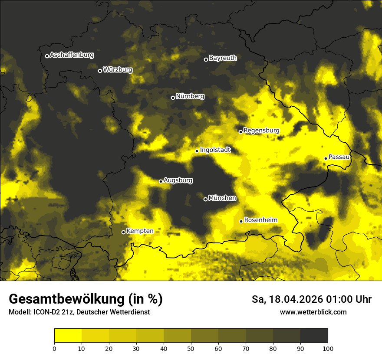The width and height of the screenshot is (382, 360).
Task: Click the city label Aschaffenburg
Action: pos(72,55)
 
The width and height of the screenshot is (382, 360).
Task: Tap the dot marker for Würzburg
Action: pos(100,71)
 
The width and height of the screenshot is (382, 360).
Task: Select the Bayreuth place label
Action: pos(223,58)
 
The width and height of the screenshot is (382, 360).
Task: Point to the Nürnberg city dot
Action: pos(173,98)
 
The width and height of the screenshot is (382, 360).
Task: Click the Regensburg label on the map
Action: pos(261,130)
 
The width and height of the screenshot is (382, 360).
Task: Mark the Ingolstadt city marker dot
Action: pos(197,151)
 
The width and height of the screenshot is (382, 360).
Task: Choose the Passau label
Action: pos(339,157)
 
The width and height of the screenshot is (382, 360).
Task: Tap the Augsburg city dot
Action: pos(161,181)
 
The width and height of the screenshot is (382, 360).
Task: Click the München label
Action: pos(222,198)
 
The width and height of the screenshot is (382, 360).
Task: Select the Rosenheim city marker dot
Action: pos(241,221)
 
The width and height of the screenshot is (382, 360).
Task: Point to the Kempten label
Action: pos(140,231)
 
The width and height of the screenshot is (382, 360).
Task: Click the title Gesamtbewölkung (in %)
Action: pos(86,299)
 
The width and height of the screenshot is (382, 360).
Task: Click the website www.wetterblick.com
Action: pos(313,312)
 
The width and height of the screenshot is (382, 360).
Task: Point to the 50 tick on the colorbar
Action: pos(191,348)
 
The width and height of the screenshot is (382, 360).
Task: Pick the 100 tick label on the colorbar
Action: pos(327,348)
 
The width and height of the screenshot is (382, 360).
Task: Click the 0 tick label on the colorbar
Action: pos(54,348)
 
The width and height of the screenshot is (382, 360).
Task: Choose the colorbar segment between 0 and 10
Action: pos(68,336)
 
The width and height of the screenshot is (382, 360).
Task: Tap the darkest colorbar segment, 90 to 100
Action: pos(314,336)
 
